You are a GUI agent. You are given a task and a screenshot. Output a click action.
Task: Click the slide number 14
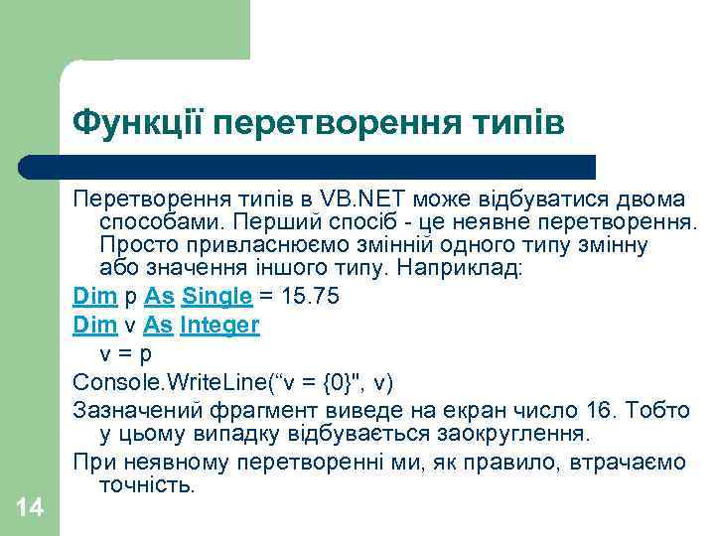(30, 508)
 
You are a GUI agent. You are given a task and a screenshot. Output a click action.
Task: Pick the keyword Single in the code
(217, 296)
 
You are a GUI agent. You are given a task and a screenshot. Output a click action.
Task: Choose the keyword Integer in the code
(219, 325)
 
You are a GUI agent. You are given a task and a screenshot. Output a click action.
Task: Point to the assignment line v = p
(125, 352)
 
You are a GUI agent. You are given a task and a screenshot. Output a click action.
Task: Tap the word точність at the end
(149, 486)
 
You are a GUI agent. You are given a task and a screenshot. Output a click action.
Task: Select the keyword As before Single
(159, 296)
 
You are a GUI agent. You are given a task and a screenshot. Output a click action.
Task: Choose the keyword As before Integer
(159, 325)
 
